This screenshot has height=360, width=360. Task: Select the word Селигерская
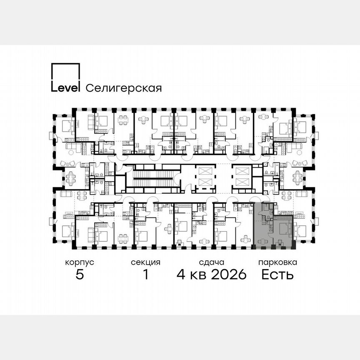[x=123, y=88]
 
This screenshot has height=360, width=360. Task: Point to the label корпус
[x=80, y=262]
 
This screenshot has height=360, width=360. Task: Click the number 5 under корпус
[x=80, y=275]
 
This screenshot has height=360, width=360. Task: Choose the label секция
[x=145, y=262]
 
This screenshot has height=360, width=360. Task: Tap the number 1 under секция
[x=145, y=275]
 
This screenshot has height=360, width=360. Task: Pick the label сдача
[x=212, y=262]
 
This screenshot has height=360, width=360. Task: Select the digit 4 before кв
[x=181, y=275]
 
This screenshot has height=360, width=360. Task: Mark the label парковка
[x=277, y=262]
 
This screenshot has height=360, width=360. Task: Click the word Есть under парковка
[x=277, y=275]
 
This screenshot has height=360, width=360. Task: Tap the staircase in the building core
[x=152, y=178]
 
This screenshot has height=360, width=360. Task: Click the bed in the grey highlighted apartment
[x=284, y=228]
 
